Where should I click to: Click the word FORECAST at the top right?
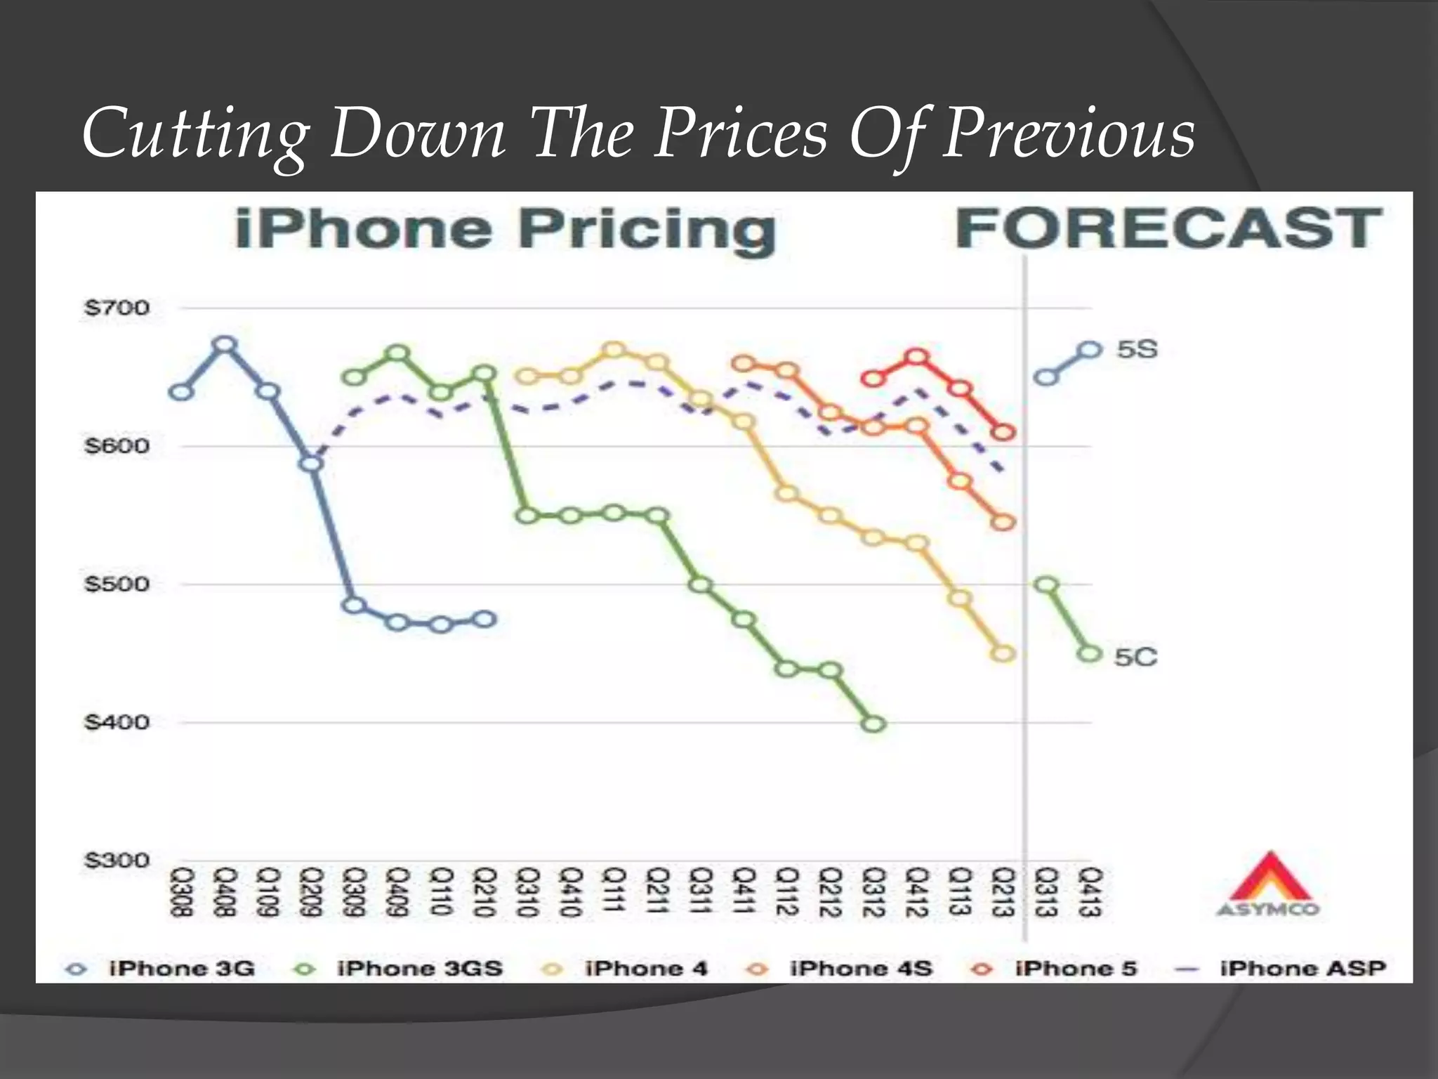coord(1168,229)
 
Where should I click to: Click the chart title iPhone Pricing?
coord(506,229)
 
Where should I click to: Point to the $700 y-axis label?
coord(117,308)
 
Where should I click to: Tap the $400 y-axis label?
coord(117,722)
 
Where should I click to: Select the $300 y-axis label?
coord(117,861)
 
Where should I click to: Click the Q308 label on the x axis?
coord(181,892)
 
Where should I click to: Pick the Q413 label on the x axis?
coord(1090,892)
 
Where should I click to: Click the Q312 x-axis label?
coord(873,892)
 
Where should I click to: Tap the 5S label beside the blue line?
coord(1137,349)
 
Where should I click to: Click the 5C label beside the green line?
coord(1135,657)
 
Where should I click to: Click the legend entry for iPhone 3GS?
coord(419,969)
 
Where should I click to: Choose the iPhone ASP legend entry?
coord(1302,969)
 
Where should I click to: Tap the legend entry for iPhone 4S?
coord(860,969)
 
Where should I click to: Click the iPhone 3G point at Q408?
coord(225,345)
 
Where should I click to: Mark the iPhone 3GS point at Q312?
coord(873,724)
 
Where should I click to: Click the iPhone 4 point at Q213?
coord(1004,654)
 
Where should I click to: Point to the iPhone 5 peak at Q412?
coord(917,358)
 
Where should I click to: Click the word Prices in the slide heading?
coord(741,133)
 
